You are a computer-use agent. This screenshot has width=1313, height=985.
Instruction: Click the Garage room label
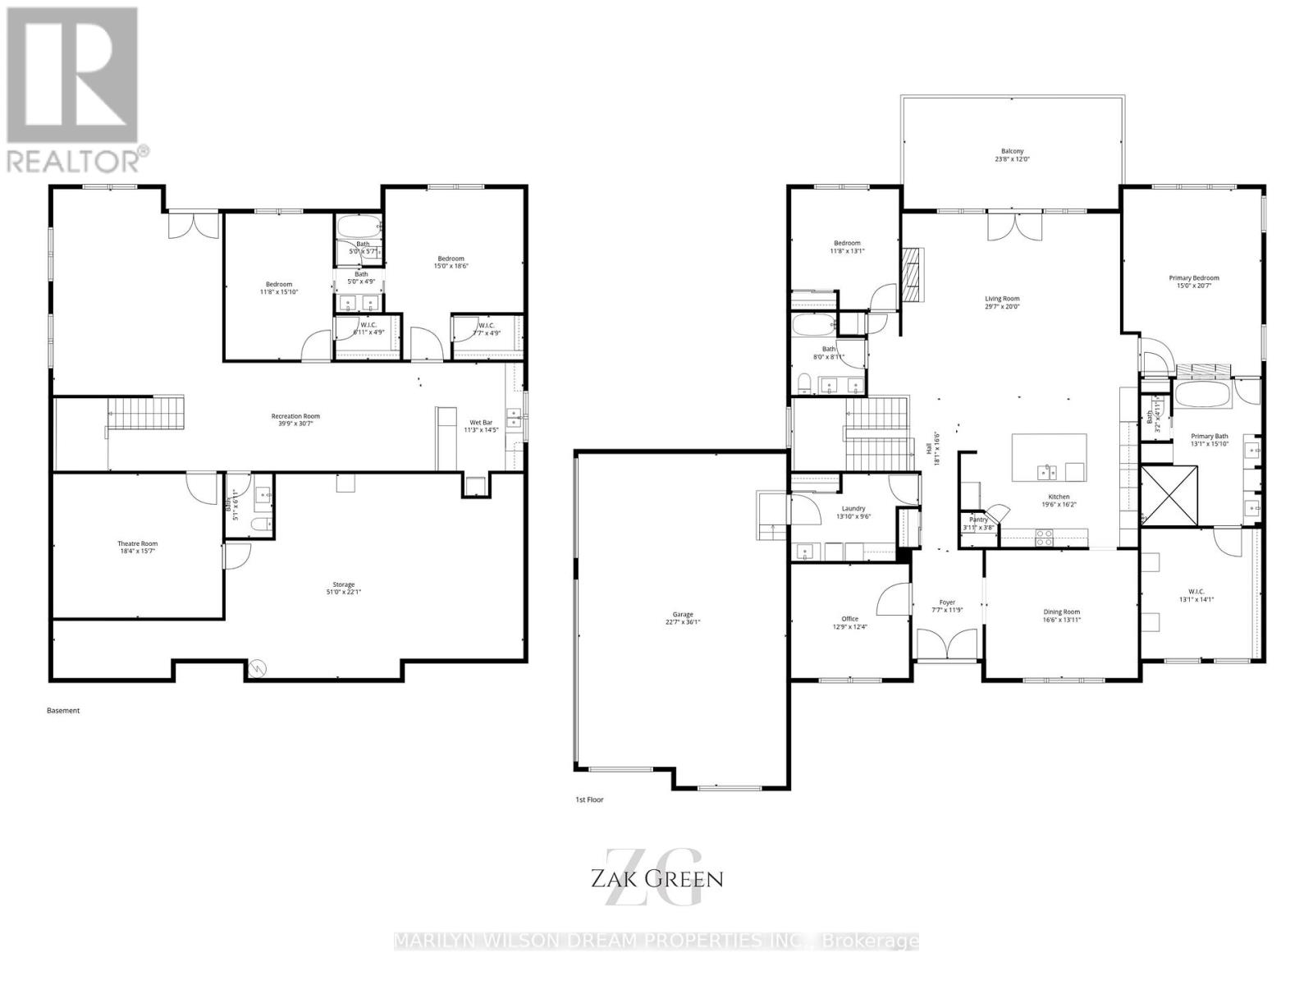pyautogui.click(x=683, y=618)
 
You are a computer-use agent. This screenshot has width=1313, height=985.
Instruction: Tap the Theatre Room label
pyautogui.click(x=137, y=547)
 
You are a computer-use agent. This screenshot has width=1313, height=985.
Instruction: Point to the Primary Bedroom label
pyautogui.click(x=1193, y=282)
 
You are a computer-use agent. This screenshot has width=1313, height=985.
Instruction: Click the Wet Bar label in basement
pyautogui.click(x=481, y=425)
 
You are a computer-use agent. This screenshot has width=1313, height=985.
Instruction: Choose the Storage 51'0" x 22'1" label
pyautogui.click(x=343, y=588)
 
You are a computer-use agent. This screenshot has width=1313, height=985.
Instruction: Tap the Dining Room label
pyautogui.click(x=1061, y=615)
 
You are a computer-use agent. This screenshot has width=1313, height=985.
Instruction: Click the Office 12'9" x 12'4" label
pyautogui.click(x=849, y=623)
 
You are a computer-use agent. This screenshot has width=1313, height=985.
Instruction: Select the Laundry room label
pyautogui.click(x=851, y=512)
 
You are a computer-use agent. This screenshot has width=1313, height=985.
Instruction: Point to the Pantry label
pyautogui.click(x=978, y=523)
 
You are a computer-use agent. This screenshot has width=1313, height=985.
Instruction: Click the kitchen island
pyautogui.click(x=1049, y=458)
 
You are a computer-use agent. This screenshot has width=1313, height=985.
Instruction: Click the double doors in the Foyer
pyautogui.click(x=947, y=644)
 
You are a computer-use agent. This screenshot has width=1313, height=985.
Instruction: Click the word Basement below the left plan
pyautogui.click(x=63, y=711)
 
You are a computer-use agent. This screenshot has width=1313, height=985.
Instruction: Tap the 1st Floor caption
pyautogui.click(x=589, y=799)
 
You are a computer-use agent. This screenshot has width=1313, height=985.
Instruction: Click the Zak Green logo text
pyautogui.click(x=656, y=879)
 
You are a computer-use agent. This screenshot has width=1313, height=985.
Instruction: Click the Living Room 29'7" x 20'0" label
pyautogui.click(x=1002, y=303)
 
